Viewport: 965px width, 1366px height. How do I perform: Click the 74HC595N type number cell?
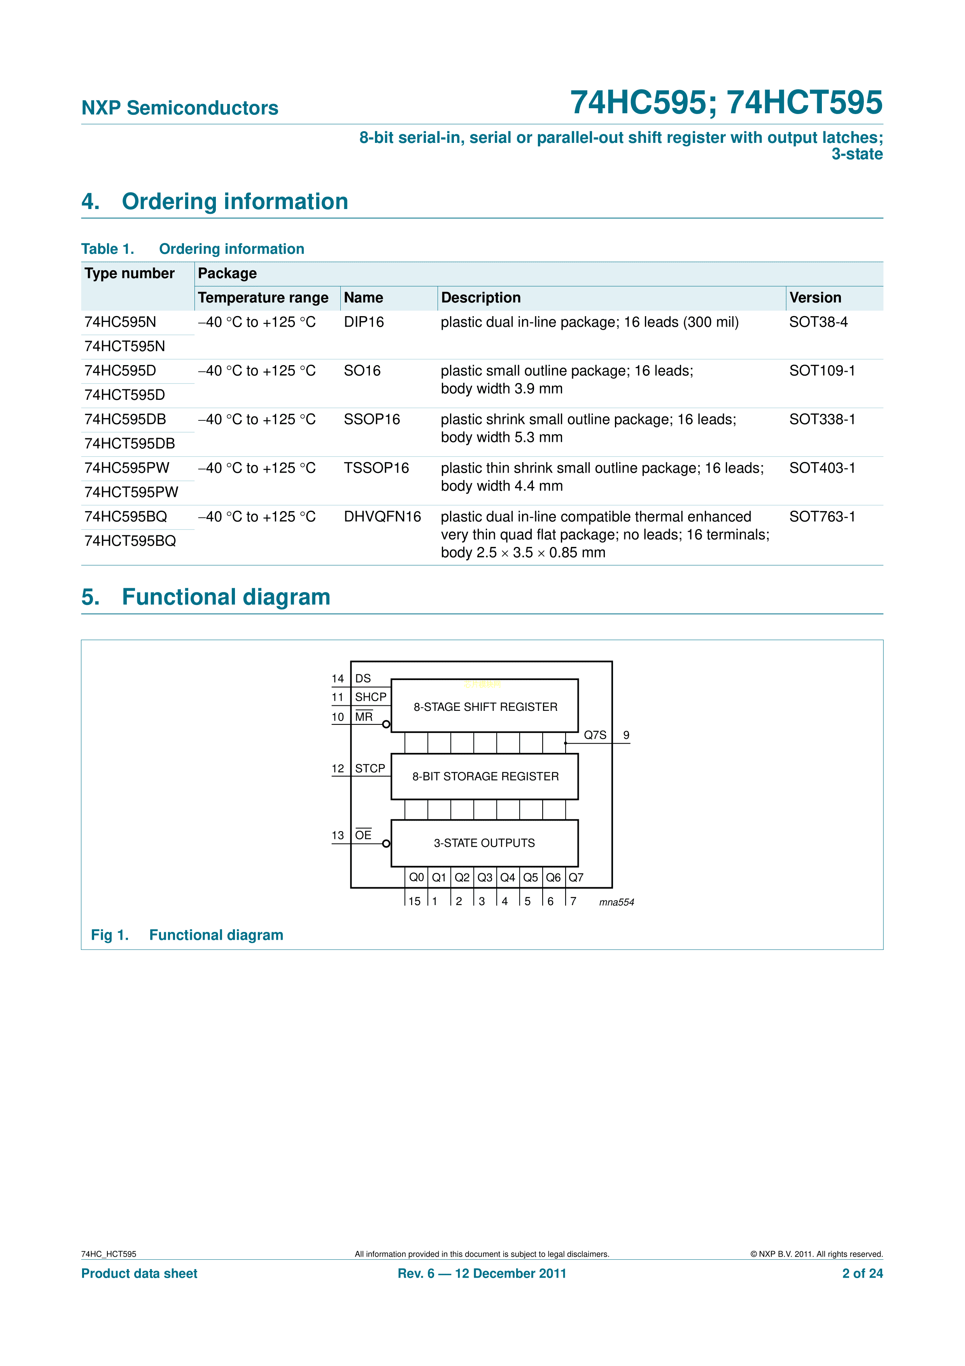(120, 322)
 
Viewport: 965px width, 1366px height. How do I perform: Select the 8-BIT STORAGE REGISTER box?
(485, 776)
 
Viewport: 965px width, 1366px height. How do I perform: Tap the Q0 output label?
(416, 877)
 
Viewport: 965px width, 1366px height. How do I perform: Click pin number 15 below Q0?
(414, 901)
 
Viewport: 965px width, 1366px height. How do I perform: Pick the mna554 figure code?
(616, 902)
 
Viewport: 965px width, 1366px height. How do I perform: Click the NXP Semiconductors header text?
(180, 108)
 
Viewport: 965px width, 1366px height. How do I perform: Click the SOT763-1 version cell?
(822, 517)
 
